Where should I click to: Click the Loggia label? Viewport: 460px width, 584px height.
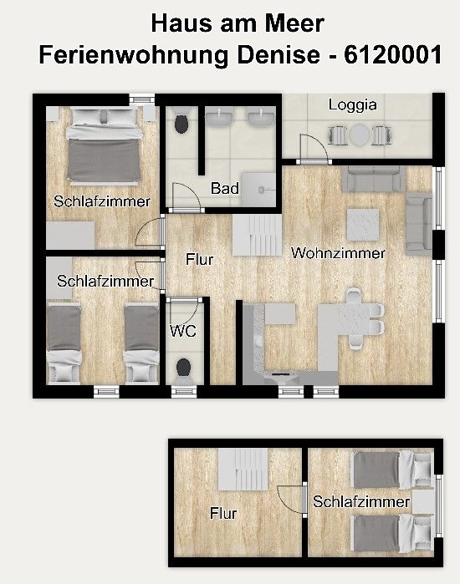[352, 105]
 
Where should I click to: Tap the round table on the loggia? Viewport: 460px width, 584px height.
[359, 135]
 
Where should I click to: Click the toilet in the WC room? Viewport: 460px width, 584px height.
[183, 368]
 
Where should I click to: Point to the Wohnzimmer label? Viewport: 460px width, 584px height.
[338, 253]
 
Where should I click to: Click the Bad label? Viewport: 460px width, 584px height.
[224, 188]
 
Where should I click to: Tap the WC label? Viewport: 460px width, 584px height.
[182, 331]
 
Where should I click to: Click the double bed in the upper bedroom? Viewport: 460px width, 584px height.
[104, 146]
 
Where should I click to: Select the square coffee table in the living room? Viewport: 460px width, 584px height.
[363, 225]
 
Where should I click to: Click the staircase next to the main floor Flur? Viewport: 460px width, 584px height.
[257, 236]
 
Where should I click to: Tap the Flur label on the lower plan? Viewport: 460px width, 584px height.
[223, 513]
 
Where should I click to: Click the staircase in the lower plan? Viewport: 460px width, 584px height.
[243, 470]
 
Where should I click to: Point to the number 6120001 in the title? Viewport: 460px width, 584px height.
[393, 55]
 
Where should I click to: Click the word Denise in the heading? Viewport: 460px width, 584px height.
[279, 55]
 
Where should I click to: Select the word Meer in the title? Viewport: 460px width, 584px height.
[294, 23]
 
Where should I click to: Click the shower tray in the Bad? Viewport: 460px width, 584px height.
[258, 189]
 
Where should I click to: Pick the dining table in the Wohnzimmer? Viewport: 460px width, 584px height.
[347, 318]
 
